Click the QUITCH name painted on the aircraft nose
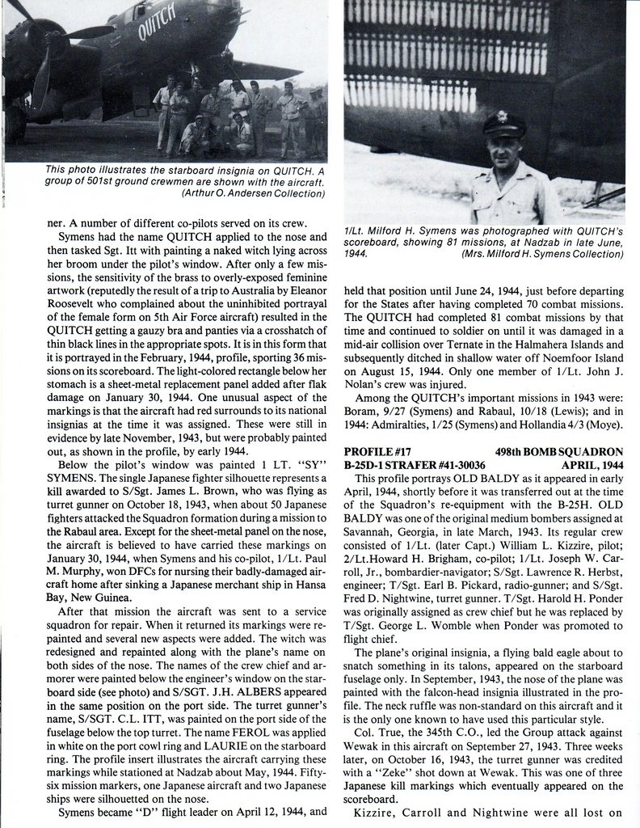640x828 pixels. (156, 29)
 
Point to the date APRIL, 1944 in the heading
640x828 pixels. (593, 464)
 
